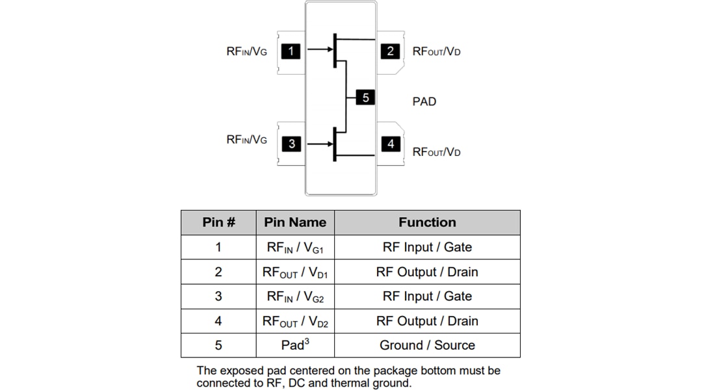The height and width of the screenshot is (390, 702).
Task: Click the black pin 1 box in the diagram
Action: coord(291,51)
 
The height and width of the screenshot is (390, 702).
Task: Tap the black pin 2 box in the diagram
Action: coord(390,51)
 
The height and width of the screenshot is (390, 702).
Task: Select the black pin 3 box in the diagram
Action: coord(292,144)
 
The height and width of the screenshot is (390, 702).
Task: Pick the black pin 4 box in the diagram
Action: coord(390,144)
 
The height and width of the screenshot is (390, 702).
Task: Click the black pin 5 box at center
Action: coord(365,97)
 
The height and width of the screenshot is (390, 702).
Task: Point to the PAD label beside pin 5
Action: coord(424,102)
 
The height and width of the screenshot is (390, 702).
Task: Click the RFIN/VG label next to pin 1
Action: coord(246,52)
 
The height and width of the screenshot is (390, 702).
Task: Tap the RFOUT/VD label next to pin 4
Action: coord(436,152)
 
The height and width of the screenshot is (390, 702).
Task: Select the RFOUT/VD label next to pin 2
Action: coord(436,52)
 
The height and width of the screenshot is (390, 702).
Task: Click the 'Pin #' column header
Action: coord(218,222)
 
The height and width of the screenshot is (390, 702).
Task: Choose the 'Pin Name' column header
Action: coord(295,222)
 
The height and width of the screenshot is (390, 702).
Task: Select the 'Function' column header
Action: coord(427,222)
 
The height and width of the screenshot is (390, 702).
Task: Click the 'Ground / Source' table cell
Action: coord(427,345)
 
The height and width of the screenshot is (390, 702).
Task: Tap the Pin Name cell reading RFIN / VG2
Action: coord(295,296)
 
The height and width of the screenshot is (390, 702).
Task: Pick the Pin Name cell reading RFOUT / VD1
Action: coord(295,272)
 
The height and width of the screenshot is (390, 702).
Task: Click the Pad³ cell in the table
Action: coord(295,345)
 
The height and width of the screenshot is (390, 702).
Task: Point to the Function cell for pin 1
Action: coord(427,247)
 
